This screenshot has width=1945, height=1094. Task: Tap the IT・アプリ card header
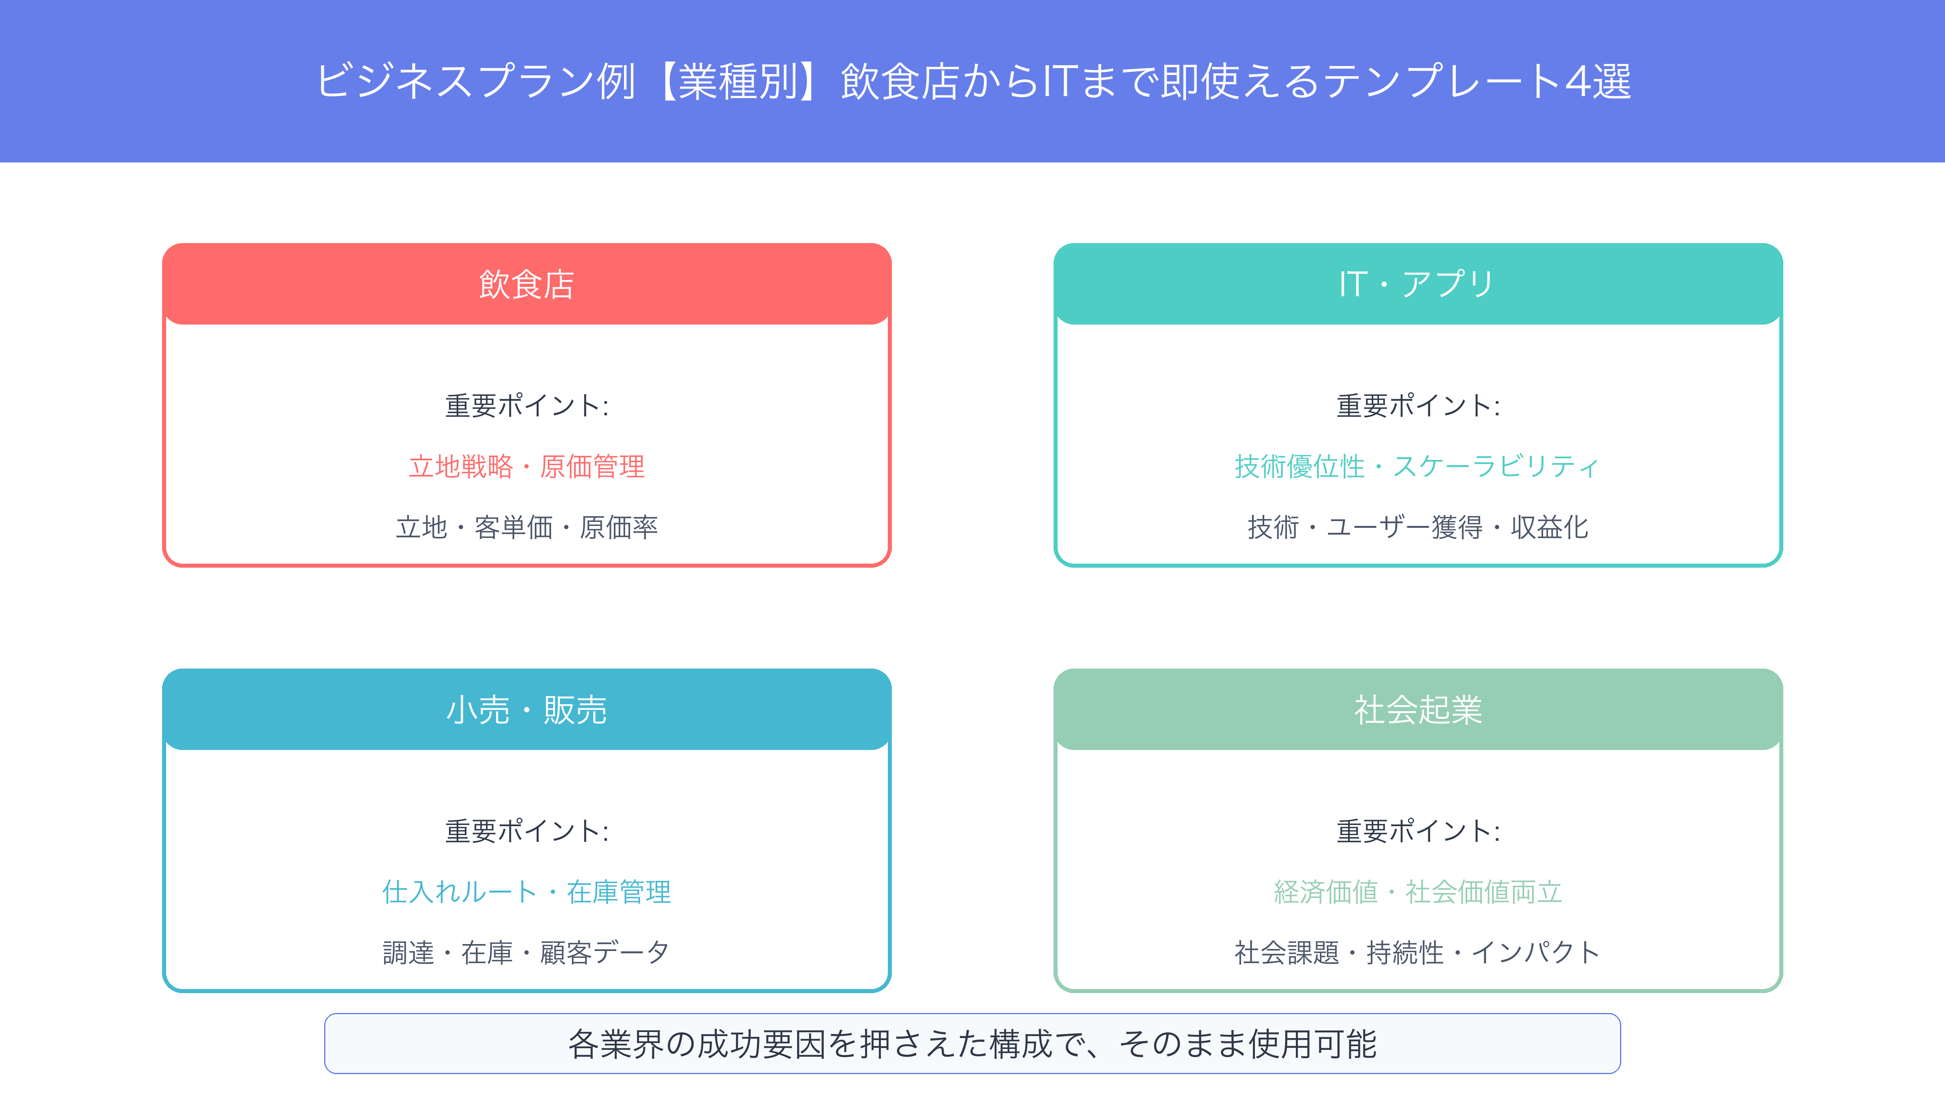pyautogui.click(x=1418, y=284)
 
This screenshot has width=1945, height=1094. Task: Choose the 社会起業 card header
pyautogui.click(x=1418, y=710)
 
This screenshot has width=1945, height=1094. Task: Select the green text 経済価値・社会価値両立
pyautogui.click(x=1418, y=892)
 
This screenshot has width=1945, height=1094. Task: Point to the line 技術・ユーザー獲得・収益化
pyautogui.click(x=1418, y=527)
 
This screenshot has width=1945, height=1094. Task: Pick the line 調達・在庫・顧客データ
pyautogui.click(x=526, y=952)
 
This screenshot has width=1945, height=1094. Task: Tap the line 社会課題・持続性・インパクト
pyautogui.click(x=1417, y=952)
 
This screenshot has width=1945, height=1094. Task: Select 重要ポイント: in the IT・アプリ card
pyautogui.click(x=1418, y=406)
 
